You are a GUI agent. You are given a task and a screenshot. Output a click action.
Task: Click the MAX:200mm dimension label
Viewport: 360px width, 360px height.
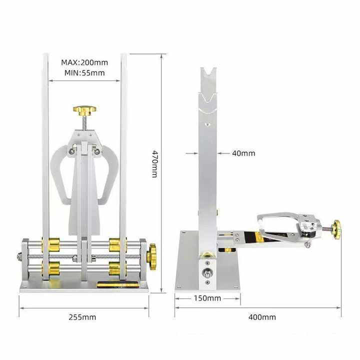click(x=84, y=62)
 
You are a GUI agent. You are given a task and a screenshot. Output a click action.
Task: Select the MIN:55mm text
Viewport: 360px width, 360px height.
click(x=84, y=72)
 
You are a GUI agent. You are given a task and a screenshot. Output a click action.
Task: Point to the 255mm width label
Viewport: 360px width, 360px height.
click(x=83, y=317)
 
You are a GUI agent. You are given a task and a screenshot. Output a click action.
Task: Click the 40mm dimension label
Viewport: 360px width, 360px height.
click(x=243, y=153)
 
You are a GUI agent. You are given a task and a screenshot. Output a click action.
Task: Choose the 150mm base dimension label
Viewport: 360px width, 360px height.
click(x=207, y=298)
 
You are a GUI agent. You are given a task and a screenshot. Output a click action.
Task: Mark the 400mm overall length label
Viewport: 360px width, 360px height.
click(x=262, y=317)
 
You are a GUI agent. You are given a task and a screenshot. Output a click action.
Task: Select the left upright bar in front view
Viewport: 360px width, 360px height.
click(x=45, y=150)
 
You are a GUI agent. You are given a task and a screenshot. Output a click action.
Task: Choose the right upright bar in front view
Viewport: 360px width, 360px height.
click(x=123, y=150)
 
